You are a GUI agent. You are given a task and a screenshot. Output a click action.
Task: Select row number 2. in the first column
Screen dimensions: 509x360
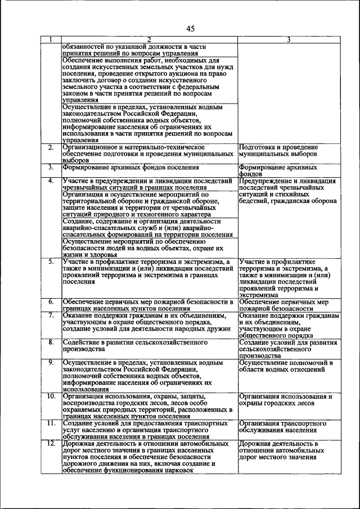[51, 147]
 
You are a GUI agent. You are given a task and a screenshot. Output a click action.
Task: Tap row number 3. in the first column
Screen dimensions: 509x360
[51, 167]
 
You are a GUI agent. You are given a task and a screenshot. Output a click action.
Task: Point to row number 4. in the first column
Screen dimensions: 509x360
[51, 181]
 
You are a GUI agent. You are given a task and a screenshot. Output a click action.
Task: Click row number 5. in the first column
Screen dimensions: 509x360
[51, 262]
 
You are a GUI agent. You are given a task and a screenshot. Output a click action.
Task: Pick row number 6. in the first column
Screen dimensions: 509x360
[51, 302]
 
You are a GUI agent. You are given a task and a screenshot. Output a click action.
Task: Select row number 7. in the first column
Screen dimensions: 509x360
[51, 316]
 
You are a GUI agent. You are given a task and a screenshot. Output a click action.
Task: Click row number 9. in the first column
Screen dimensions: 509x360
[51, 363]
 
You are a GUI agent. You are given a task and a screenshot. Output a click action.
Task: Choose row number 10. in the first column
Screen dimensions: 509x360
[51, 396]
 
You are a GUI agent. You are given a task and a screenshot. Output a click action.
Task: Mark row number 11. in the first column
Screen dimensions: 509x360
[51, 423]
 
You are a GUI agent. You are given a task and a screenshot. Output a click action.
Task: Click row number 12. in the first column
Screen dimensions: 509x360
[51, 443]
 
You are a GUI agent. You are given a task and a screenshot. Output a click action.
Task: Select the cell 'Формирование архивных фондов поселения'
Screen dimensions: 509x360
[131, 168]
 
